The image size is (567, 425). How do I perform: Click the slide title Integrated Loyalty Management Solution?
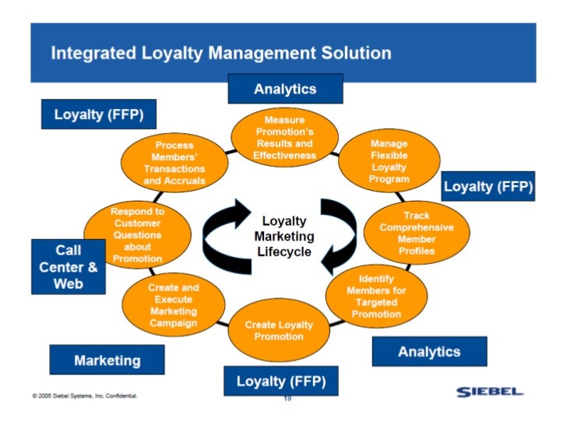pyautogui.click(x=220, y=54)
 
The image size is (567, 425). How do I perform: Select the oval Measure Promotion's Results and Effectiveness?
pyautogui.click(x=284, y=137)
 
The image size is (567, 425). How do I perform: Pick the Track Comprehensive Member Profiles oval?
pyautogui.click(x=416, y=233)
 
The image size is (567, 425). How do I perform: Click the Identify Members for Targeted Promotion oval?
pyautogui.click(x=376, y=296)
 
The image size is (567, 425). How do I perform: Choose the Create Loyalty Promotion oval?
pyautogui.click(x=279, y=330)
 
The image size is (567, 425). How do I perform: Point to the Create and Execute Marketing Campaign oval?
pyautogui.click(x=173, y=304)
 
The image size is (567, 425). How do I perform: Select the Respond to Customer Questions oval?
pyautogui.click(x=137, y=234)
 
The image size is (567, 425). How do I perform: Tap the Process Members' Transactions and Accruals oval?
pyautogui.click(x=174, y=163)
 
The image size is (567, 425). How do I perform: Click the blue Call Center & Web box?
pyautogui.click(x=68, y=266)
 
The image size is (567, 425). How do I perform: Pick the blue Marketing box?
pyautogui.click(x=107, y=360)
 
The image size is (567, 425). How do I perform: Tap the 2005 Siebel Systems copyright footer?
pyautogui.click(x=85, y=397)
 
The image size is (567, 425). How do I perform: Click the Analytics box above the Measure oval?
pyautogui.click(x=285, y=89)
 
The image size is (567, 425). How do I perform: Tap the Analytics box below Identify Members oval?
pyautogui.click(x=429, y=351)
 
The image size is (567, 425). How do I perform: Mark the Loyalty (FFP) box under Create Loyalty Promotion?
pyautogui.click(x=276, y=381)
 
